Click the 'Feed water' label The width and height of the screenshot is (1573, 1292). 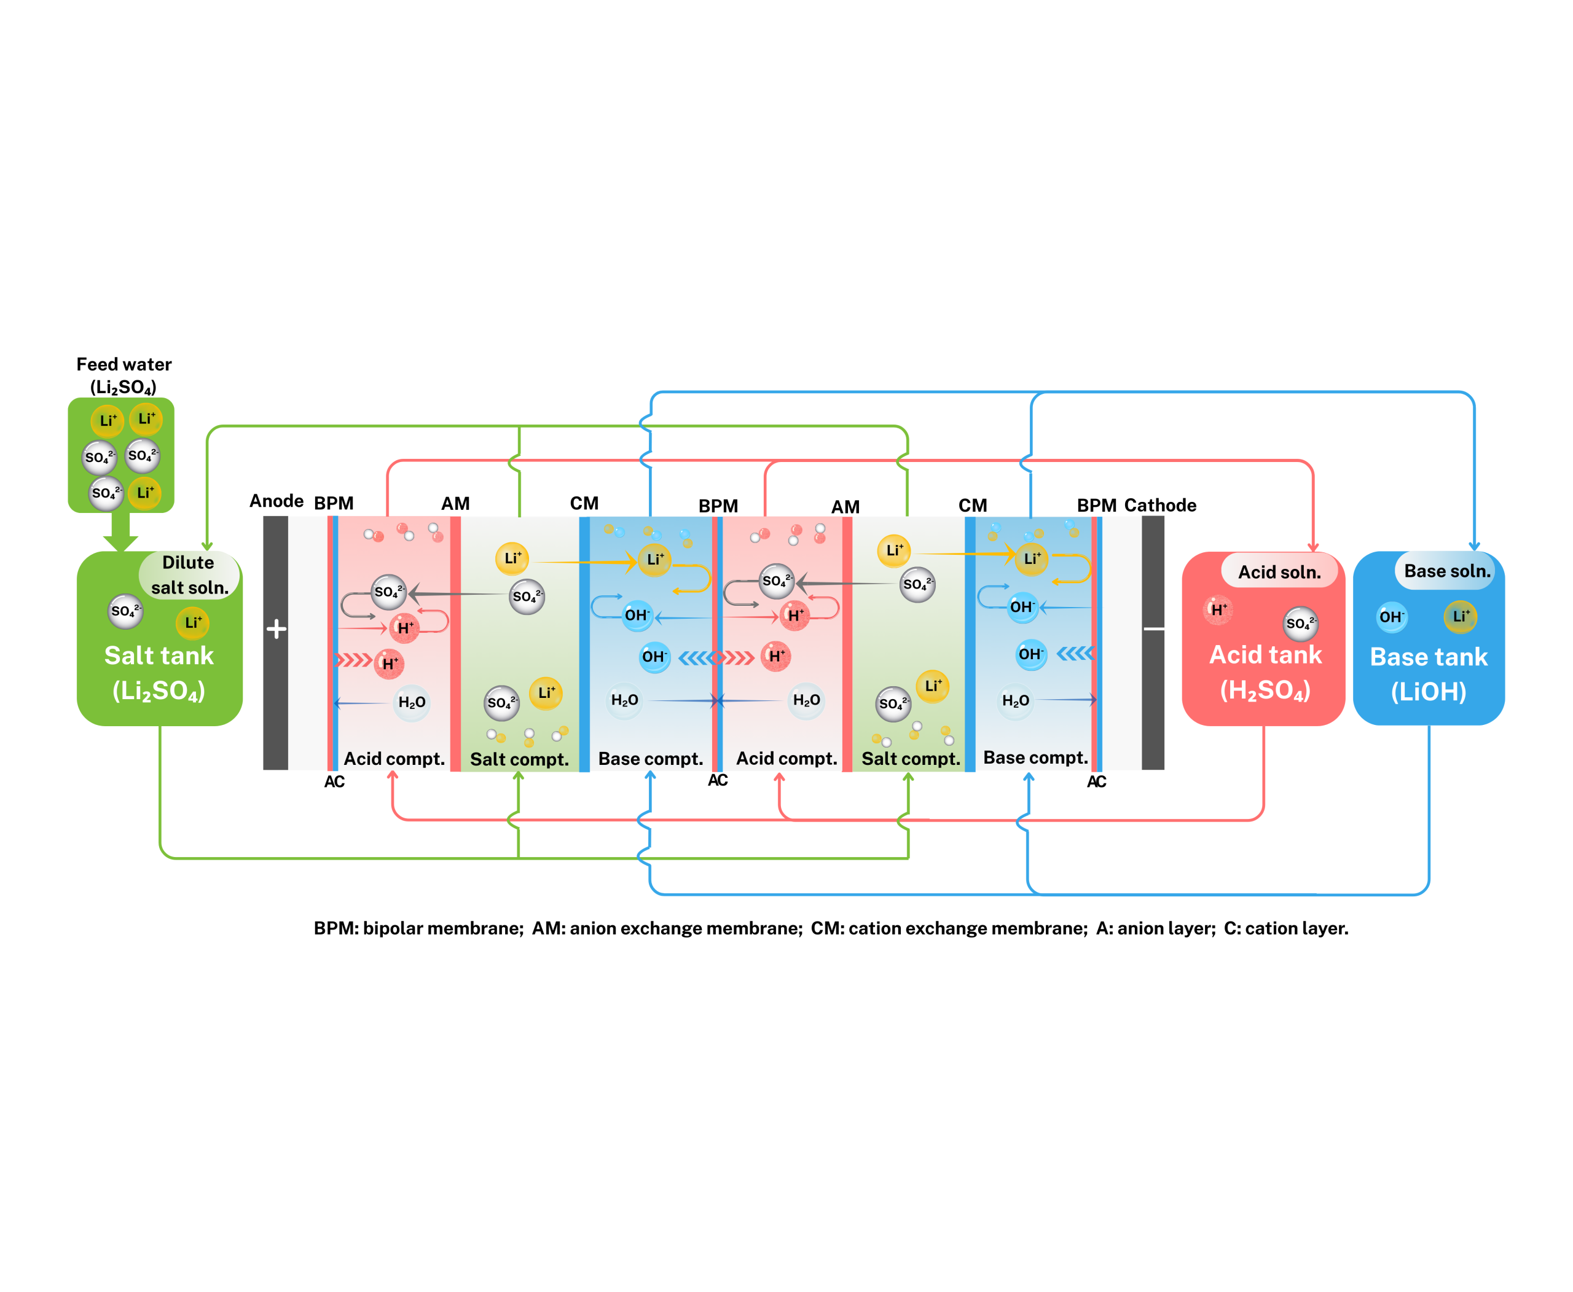(124, 364)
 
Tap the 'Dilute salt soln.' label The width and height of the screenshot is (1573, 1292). (189, 574)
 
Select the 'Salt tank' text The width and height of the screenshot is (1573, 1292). (159, 656)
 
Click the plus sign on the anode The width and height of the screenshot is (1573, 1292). (276, 629)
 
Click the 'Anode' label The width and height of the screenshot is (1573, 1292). (276, 501)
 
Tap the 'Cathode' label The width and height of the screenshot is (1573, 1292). (1160, 506)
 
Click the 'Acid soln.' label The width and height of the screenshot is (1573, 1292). (1279, 571)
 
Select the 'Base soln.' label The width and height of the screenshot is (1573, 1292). (1446, 571)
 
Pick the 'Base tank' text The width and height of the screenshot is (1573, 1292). (1428, 656)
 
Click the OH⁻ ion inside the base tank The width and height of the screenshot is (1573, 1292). (1391, 617)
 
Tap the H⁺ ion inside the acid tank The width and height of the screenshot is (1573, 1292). (1218, 610)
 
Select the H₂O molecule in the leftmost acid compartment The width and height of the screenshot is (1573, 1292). (412, 703)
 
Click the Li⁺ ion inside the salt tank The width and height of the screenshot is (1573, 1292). (193, 623)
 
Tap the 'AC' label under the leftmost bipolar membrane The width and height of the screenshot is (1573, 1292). (334, 781)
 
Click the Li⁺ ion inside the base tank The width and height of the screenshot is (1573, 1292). (1460, 616)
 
